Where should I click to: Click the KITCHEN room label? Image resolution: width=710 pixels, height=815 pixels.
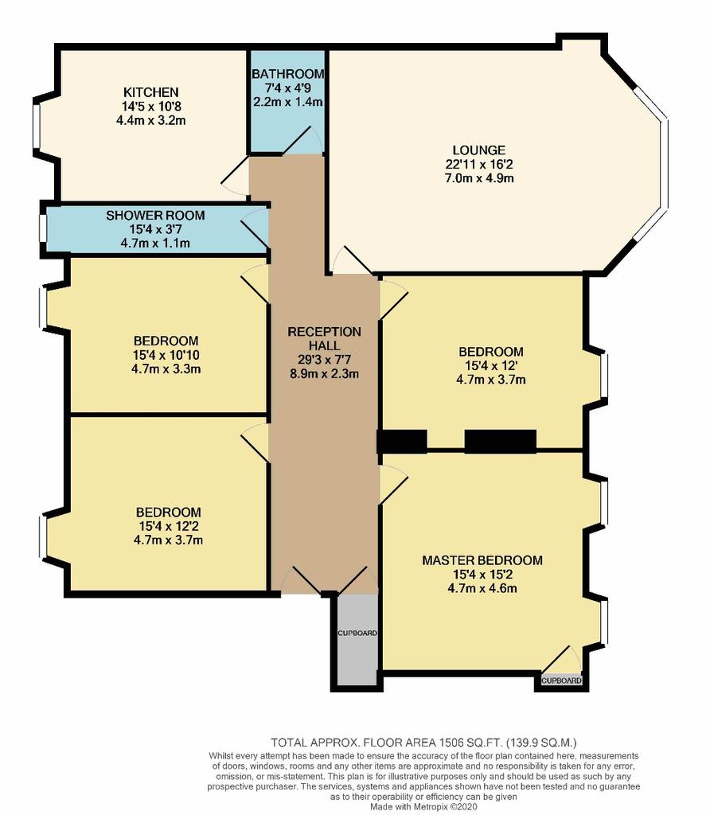point(150,92)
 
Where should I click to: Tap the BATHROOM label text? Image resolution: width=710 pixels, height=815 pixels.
point(288,74)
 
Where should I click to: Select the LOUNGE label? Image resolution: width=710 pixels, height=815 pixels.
point(478,150)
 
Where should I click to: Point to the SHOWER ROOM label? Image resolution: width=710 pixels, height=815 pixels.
point(155,215)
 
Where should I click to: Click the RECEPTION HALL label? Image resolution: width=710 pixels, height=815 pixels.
point(324,338)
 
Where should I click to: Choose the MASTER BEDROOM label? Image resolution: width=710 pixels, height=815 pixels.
point(482,560)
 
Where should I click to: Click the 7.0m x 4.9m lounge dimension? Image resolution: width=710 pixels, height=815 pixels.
point(479,178)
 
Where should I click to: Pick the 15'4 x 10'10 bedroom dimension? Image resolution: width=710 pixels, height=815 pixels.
point(166,355)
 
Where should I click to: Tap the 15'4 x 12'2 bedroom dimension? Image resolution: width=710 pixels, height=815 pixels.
point(168,526)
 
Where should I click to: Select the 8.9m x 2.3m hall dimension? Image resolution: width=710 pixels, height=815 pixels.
point(324,373)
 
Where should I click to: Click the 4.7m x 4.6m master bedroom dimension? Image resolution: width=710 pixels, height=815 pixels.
point(482,588)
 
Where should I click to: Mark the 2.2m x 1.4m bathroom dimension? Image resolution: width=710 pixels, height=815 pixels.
point(288,102)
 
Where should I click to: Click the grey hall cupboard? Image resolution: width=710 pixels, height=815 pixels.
point(357,639)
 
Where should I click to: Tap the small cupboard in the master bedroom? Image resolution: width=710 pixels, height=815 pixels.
point(561,680)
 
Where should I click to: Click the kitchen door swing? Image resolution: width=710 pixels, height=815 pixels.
point(235,176)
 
